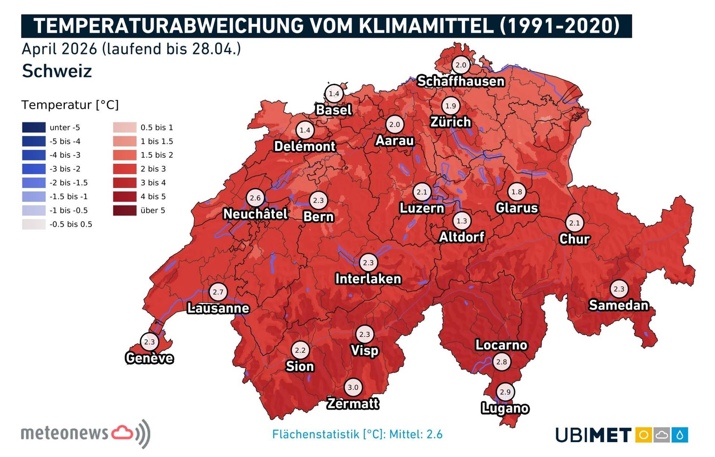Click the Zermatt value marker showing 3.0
pos(353,387)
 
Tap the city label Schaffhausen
pos(460,81)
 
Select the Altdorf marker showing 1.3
pos(462,221)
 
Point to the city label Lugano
pos(505,408)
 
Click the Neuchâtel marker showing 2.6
pos(255,198)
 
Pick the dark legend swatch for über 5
pos(125,210)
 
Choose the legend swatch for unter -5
pos(34,128)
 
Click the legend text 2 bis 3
pos(153,169)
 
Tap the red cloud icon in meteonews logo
pos(123,432)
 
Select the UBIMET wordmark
pos(594,436)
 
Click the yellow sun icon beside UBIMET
pos(643,435)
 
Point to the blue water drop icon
pos(680,435)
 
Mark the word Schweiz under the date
pos(57,71)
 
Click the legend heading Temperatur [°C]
pos(70,105)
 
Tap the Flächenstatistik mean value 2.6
pos(434,435)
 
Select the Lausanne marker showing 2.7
pos(218,292)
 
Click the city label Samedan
pos(619,305)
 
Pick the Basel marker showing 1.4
pos(334,94)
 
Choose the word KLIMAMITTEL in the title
pos(426,26)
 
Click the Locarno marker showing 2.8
pos(501,362)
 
